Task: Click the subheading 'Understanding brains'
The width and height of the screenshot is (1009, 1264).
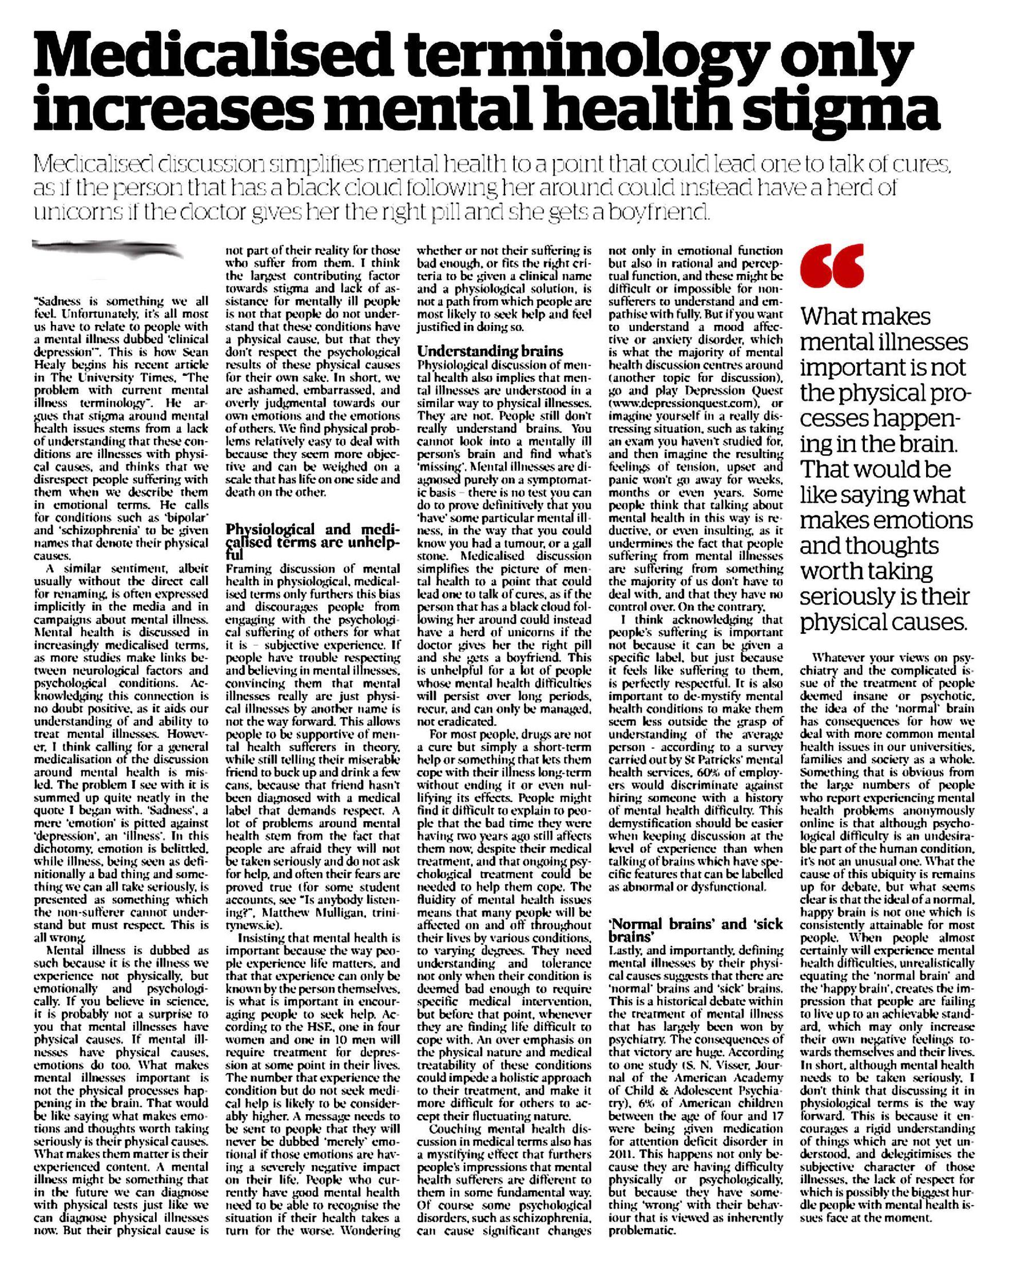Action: [490, 351]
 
